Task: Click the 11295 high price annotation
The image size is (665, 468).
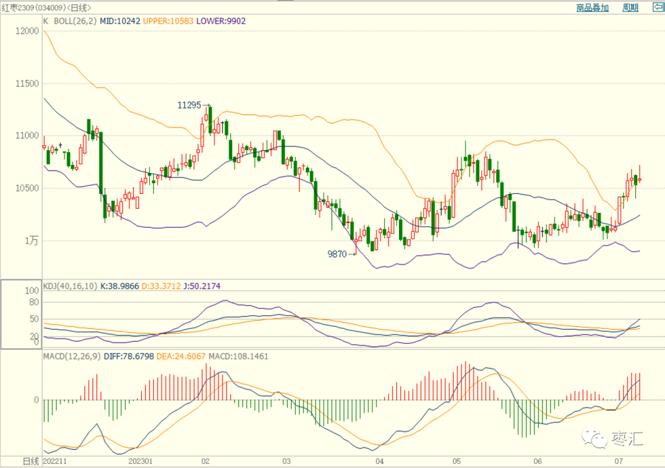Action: click(189, 105)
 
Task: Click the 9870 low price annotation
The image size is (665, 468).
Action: click(337, 254)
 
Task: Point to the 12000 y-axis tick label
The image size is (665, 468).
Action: click(27, 31)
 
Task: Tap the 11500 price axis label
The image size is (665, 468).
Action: click(27, 84)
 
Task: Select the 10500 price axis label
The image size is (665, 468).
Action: click(27, 188)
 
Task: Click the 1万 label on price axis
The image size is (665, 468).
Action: click(31, 241)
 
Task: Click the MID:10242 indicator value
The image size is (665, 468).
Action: click(120, 21)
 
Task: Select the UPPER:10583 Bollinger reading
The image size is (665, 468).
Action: click(168, 21)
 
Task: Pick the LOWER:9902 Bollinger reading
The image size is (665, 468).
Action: click(221, 21)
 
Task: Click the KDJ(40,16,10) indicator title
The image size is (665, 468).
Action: click(70, 286)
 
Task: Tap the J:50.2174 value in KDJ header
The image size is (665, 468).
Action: click(202, 286)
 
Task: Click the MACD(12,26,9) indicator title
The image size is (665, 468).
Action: click(72, 357)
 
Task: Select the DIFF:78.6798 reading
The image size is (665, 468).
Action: click(129, 357)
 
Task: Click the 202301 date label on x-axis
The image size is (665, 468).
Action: click(140, 461)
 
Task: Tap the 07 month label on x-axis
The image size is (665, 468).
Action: click(619, 461)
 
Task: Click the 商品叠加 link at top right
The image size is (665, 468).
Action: click(592, 7)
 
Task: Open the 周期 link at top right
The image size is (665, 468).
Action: click(631, 7)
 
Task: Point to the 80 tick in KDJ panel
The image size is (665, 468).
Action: click(34, 302)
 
